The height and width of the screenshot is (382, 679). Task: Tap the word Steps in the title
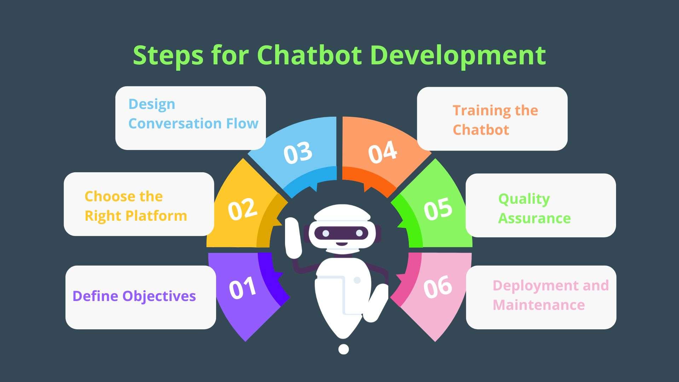168,56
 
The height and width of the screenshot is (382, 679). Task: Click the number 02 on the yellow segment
242,209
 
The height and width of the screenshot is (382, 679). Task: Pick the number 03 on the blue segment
298,153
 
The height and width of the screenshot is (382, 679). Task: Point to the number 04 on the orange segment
382,152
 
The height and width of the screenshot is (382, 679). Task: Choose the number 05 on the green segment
438,208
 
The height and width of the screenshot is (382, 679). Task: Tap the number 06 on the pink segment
437,286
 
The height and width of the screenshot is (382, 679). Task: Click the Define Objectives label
134,296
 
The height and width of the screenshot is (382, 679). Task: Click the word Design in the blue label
152,104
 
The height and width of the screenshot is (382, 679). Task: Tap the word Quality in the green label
524,199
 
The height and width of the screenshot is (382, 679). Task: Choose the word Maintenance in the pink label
539,305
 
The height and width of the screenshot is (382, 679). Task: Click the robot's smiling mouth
341,243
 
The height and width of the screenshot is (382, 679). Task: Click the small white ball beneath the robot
343,349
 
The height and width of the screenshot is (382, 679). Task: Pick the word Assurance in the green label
534,218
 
